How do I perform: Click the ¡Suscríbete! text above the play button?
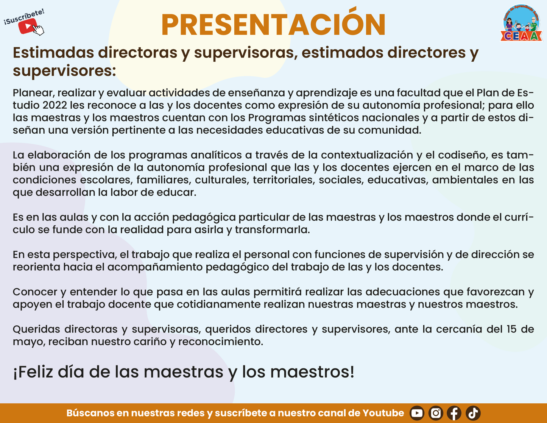24,17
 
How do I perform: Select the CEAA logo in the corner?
522,23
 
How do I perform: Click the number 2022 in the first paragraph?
55,105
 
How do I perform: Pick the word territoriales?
284,180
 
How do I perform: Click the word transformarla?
273,229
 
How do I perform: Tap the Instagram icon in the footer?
436,413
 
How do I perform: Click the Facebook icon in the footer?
454,413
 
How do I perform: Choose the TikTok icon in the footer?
473,413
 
